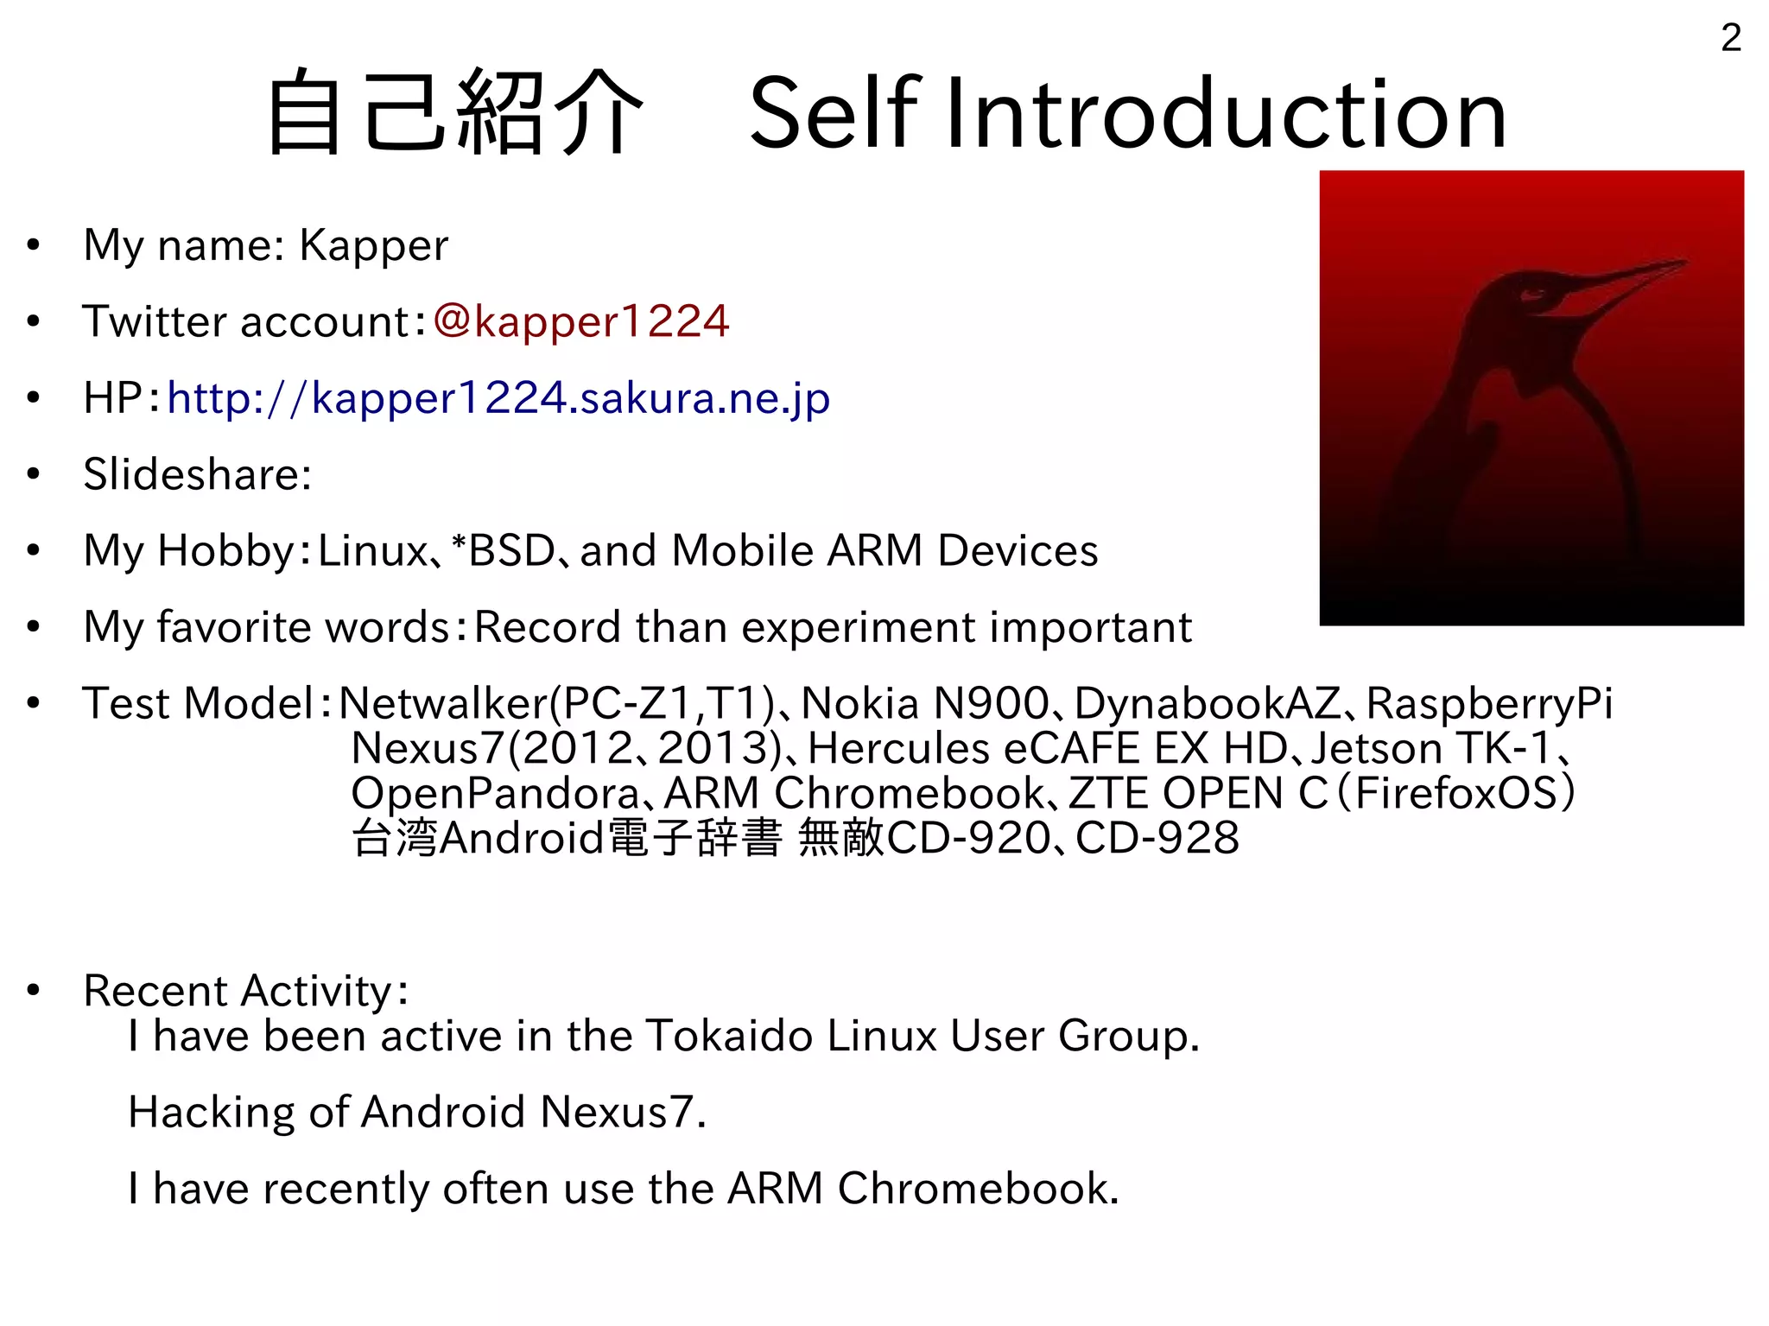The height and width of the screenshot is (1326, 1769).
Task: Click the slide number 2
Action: pyautogui.click(x=1730, y=38)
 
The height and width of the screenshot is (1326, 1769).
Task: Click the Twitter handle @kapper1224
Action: pyautogui.click(x=581, y=321)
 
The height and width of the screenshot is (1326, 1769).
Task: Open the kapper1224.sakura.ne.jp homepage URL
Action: pyautogui.click(x=498, y=398)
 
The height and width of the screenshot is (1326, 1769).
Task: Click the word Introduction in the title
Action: pyautogui.click(x=1226, y=114)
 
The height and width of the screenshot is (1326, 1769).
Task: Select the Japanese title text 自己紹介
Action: pyautogui.click(x=455, y=114)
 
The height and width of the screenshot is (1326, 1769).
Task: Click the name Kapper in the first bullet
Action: pyautogui.click(x=373, y=245)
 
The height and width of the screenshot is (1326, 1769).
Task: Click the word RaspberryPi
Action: pyautogui.click(x=1488, y=703)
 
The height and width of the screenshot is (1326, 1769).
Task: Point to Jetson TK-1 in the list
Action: pyautogui.click(x=1431, y=748)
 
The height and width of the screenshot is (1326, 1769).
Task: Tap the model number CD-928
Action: pyautogui.click(x=1157, y=838)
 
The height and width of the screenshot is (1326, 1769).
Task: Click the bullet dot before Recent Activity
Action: pyautogui.click(x=34, y=990)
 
